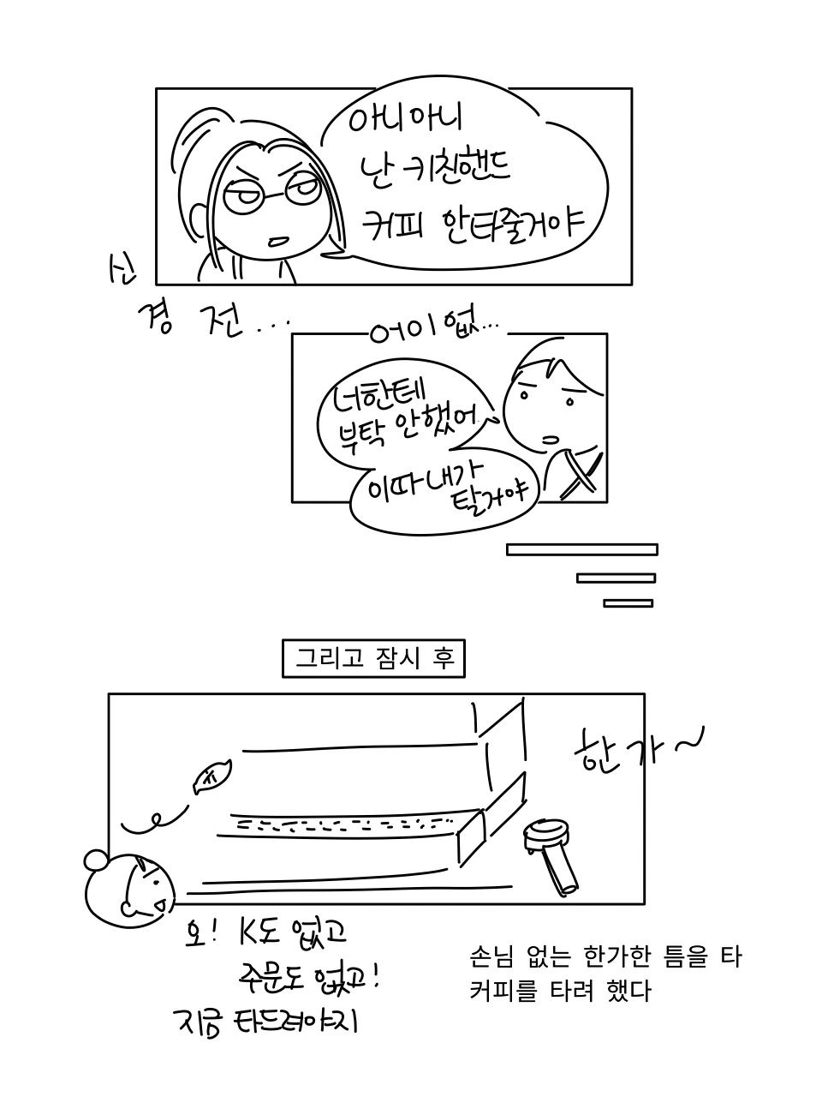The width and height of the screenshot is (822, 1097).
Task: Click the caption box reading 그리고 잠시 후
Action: tap(373, 658)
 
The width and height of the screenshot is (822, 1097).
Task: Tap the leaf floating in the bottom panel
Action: tap(208, 777)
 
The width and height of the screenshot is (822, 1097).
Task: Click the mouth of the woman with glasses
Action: tap(277, 241)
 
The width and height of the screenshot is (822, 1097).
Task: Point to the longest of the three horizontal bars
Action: tap(582, 549)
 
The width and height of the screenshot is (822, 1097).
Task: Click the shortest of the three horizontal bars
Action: tap(628, 602)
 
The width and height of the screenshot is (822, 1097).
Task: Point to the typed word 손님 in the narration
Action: tap(491, 956)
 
